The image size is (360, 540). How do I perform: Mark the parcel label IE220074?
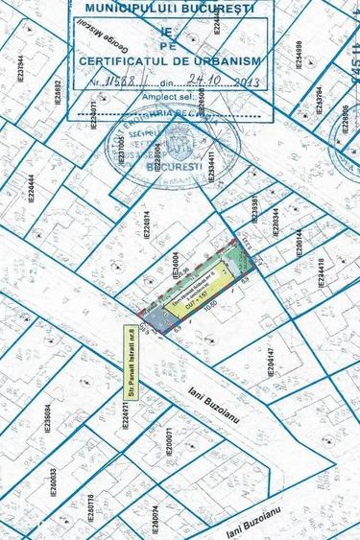click(x=148, y=224)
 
